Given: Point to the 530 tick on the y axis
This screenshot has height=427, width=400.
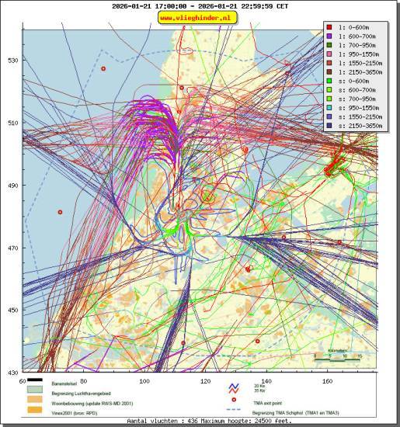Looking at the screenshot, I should (x=13, y=60).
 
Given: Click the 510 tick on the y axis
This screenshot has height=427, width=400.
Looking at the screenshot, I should (x=13, y=123).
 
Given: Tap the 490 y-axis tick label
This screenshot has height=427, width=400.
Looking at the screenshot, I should (x=13, y=185).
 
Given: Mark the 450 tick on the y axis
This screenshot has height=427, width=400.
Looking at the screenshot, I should (x=13, y=310).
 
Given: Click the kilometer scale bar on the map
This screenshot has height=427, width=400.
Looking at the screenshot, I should (x=337, y=358).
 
